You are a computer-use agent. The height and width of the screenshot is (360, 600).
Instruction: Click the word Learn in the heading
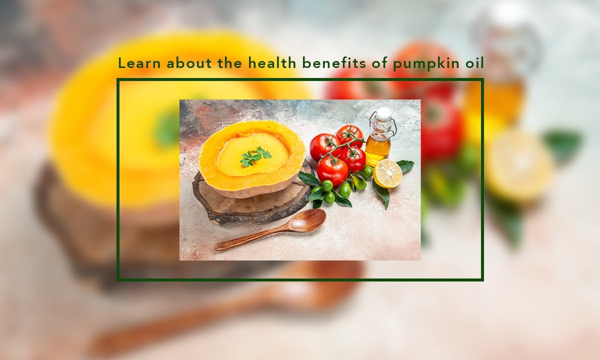pos(139,63)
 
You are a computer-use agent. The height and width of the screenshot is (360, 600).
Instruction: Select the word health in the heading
pos(272,63)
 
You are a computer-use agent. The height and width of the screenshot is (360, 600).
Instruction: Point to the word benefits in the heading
pos(334,63)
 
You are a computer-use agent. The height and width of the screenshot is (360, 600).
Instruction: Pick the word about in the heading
pos(189,63)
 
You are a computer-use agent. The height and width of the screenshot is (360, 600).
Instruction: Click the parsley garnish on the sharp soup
pos(255,156)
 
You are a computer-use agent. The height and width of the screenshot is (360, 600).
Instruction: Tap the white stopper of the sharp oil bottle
pos(384,113)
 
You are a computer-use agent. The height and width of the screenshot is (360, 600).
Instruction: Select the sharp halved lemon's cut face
pos(387,173)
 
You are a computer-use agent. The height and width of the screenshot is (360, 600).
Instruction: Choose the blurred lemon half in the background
pos(519,165)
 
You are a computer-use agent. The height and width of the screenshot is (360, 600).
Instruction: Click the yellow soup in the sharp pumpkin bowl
pos(253,154)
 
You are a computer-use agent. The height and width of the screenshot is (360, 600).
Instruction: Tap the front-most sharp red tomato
pos(332,170)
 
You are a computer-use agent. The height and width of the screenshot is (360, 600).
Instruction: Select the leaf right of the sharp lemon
pos(405,166)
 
